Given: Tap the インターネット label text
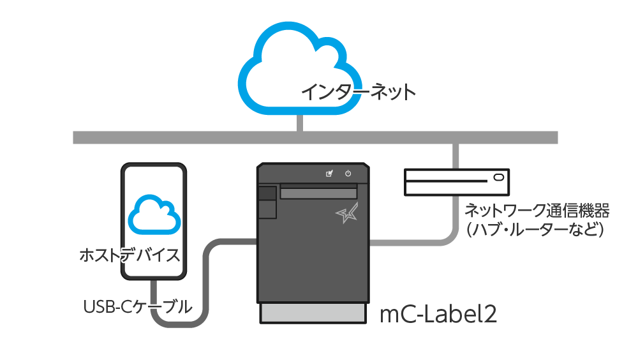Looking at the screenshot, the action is pos(358,92).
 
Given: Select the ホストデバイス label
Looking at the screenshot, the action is pos(130,255).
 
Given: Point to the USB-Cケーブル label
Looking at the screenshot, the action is pos(138,306).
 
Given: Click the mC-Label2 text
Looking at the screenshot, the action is pos(438,314).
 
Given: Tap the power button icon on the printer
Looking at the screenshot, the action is pos(348,174).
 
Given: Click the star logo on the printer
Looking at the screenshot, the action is pos(347,213).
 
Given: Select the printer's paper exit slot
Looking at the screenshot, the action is pos(318,191).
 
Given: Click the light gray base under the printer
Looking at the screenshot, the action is pos(313,313).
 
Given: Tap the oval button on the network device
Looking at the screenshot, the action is pos(498,177).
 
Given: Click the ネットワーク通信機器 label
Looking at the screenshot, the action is pos(537,211).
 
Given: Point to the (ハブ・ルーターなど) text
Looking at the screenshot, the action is pos(535,230).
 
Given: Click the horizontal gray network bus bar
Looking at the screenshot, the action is pos(315,138).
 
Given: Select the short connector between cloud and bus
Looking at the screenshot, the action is pos(300,123).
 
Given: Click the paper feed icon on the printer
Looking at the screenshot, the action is pos(329,174).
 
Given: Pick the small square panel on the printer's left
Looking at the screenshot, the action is pos(267,193).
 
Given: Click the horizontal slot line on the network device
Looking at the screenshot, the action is pos(447,181).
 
